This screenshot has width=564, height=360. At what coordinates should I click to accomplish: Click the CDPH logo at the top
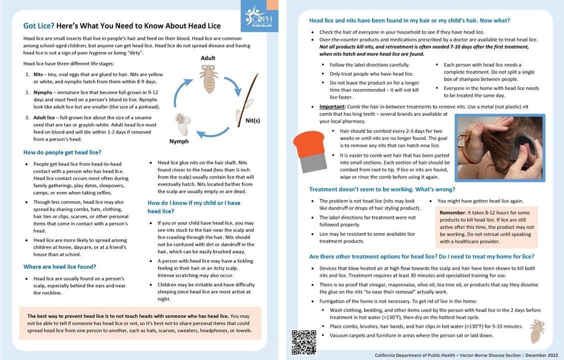coord(256,16)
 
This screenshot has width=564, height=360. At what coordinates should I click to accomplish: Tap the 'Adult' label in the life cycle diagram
coord(208,58)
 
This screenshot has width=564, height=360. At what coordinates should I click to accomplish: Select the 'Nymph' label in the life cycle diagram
coord(179,141)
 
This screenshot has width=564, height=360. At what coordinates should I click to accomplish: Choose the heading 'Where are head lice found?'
coord(59,266)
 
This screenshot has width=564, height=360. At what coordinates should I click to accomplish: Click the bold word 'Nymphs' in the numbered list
coord(46,92)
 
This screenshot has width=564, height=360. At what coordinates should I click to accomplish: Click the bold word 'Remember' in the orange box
coord(452,212)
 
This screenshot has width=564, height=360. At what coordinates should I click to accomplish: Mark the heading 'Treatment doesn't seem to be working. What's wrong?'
coord(382,189)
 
